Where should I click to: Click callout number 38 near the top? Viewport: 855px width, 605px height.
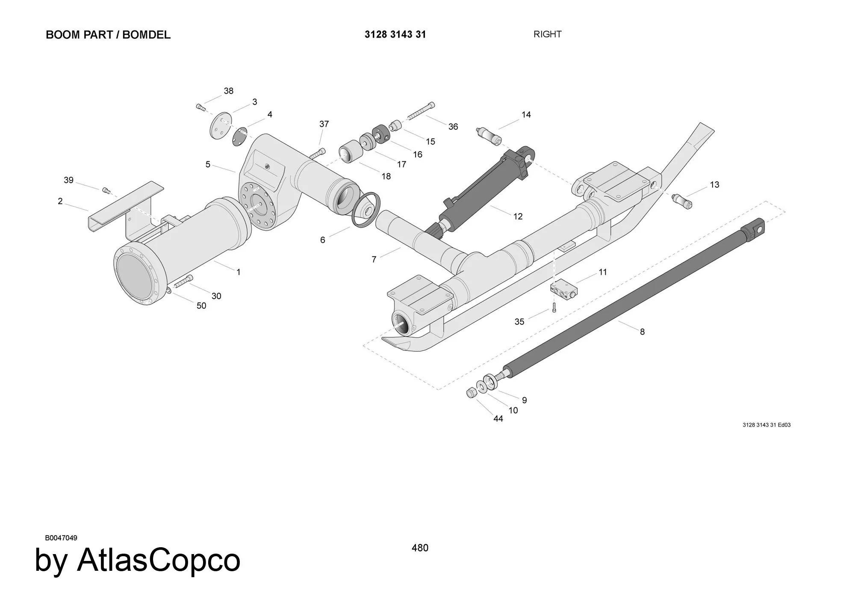coord(228,91)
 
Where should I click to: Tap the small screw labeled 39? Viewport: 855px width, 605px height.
coord(106,190)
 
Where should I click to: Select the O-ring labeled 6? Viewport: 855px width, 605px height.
coord(366,210)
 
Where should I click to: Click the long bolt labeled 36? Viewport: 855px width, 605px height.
coord(422,111)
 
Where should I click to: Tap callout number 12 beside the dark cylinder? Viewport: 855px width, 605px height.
coord(518,216)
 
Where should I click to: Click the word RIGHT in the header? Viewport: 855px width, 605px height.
coord(547,34)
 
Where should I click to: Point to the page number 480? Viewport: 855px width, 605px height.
coord(420,548)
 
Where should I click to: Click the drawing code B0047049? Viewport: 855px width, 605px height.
coord(61,538)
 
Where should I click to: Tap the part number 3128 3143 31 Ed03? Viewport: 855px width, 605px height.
coord(767,425)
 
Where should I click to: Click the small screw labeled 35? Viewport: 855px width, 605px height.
coord(554,307)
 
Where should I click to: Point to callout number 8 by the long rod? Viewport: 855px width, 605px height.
coord(642,332)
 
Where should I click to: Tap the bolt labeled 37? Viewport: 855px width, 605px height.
coord(317,154)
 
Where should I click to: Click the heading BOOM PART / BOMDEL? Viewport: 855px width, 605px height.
coord(108,35)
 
